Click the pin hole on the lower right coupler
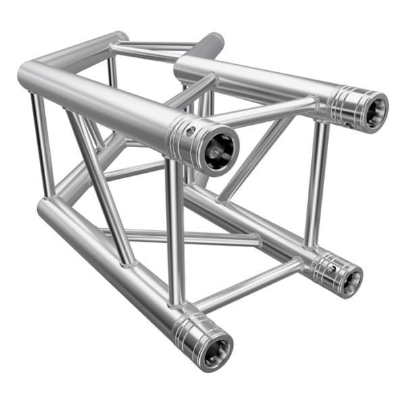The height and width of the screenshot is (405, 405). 331,269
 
